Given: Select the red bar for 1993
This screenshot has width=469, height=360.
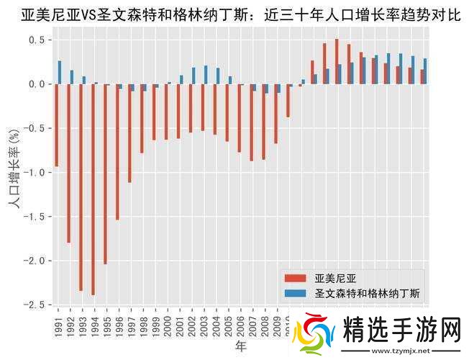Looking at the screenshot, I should pyautogui.click(x=81, y=187).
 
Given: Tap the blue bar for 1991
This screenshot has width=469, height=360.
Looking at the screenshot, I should pyautogui.click(x=60, y=73).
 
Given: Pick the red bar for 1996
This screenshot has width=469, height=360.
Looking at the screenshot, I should pyautogui.click(x=117, y=152).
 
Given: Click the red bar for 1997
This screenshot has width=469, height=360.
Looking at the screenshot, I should pyautogui.click(x=129, y=133).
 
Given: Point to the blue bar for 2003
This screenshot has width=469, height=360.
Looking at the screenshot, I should pyautogui.click(x=206, y=75).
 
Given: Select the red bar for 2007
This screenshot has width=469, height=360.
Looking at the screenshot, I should pyautogui.click(x=251, y=122).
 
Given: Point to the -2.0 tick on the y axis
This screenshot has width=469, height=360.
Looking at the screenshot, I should pyautogui.click(x=35, y=261).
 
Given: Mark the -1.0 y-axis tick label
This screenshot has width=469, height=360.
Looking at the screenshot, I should pyautogui.click(x=35, y=172).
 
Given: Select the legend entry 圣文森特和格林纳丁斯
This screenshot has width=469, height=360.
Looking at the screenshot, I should pyautogui.click(x=368, y=293).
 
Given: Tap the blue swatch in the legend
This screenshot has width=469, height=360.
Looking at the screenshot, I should pyautogui.click(x=296, y=293).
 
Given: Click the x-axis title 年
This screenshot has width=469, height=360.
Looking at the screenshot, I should pyautogui.click(x=240, y=347).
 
